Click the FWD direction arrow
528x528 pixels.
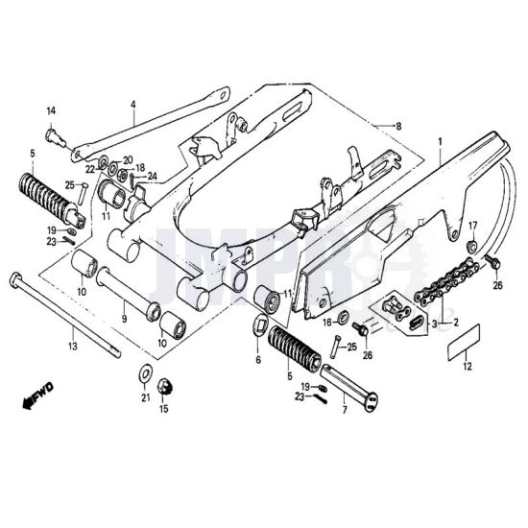[37, 396]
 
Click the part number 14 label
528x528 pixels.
[51, 110]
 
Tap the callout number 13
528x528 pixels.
[73, 346]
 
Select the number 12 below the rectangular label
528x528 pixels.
[468, 366]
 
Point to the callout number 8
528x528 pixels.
[398, 127]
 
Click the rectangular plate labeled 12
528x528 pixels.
[464, 343]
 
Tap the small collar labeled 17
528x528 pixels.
[471, 246]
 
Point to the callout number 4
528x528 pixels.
[133, 105]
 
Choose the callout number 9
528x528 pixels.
[124, 318]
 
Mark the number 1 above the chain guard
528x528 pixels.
[440, 142]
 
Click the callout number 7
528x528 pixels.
[344, 410]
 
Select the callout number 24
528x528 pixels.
[153, 176]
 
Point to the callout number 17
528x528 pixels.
[472, 226]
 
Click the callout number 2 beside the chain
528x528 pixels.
[456, 323]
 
